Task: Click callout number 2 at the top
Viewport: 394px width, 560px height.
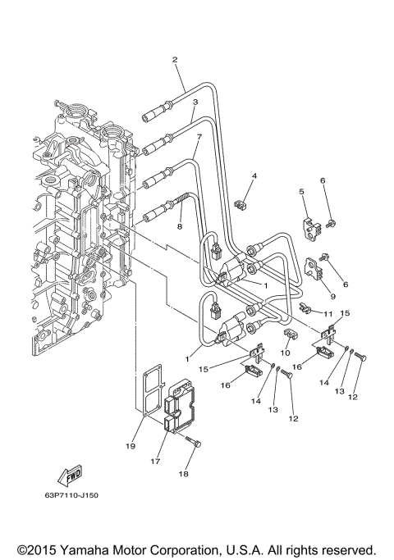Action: pos(175,59)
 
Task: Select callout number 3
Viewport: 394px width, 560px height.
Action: pos(195,102)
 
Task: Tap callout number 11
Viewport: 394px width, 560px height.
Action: pos(327,315)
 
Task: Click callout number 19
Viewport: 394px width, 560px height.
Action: pos(130,447)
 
